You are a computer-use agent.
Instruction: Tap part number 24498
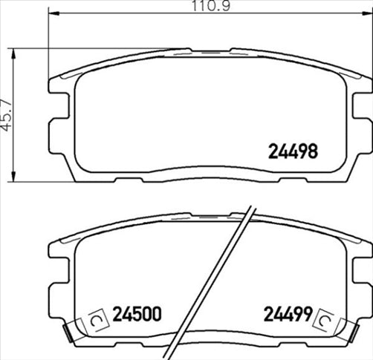292,151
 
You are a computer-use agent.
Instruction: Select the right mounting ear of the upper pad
362,119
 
